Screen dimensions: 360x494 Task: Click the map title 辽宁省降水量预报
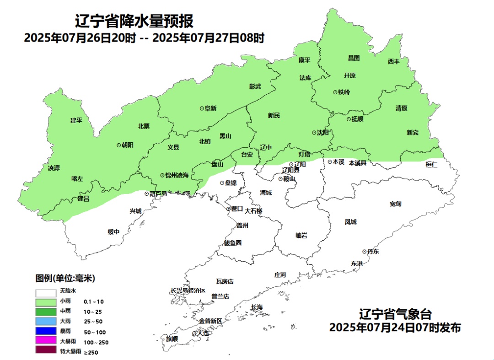[134, 21]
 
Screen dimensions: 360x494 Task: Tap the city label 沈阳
[322, 133]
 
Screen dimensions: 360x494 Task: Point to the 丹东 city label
[373, 252]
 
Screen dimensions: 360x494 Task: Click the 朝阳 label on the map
[128, 145]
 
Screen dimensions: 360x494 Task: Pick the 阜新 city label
[210, 108]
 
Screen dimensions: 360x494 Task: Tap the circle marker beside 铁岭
[335, 92]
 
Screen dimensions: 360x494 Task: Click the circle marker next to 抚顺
[348, 119]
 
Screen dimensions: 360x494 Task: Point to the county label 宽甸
[395, 204]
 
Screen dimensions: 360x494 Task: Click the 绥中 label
[113, 232]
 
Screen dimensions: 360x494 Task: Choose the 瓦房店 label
[225, 281]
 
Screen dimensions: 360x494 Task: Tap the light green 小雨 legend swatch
[46, 302]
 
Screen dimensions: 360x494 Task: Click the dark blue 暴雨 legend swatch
[46, 331]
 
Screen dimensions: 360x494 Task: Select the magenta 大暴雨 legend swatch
[46, 341]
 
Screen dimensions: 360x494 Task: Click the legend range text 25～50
[93, 322]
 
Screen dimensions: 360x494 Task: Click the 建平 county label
[76, 120]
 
